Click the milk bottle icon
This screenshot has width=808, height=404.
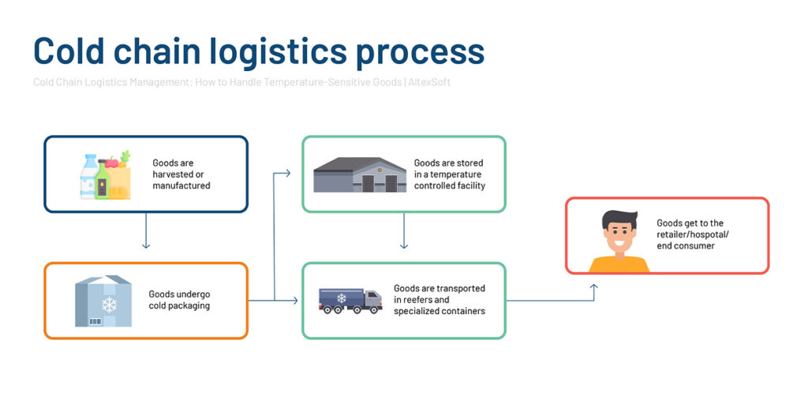88,177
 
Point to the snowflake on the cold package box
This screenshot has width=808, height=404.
109,304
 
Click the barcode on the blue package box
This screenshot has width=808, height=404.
95,322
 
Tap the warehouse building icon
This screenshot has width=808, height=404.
360,174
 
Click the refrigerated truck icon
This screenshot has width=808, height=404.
350,301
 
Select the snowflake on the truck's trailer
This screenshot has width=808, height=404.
341,297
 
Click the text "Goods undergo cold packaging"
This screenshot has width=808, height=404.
179,300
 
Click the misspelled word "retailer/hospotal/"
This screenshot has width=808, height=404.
693,234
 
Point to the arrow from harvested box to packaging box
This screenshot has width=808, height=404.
146,230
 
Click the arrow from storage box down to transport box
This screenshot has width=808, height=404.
404,230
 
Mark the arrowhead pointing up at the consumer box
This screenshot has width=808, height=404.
593,287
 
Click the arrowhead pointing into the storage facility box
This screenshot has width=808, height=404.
287,173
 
